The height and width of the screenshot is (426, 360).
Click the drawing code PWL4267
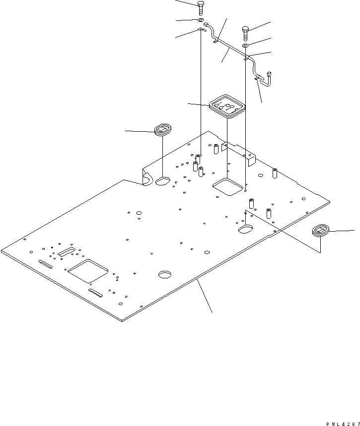(x=343, y=424)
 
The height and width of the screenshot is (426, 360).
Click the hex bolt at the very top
(x=201, y=8)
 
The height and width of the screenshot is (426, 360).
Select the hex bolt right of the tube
(x=245, y=34)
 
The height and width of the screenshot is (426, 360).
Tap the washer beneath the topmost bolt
(x=201, y=20)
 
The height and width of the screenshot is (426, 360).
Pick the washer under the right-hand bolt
(x=245, y=46)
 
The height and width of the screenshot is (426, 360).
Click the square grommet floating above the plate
(x=227, y=106)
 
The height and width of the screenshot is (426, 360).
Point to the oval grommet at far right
(x=321, y=230)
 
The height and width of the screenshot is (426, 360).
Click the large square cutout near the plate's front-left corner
(x=88, y=271)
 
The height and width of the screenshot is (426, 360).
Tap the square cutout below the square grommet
(x=227, y=186)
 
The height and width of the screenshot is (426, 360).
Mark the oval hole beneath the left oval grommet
(x=163, y=181)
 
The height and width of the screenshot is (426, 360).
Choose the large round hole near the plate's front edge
(x=165, y=274)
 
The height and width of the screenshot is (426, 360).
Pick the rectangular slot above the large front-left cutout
(x=66, y=252)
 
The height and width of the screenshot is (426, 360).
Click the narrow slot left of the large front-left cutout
(x=45, y=264)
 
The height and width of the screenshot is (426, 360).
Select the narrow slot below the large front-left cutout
(x=95, y=293)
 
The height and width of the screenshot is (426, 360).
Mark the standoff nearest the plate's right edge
(x=275, y=173)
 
